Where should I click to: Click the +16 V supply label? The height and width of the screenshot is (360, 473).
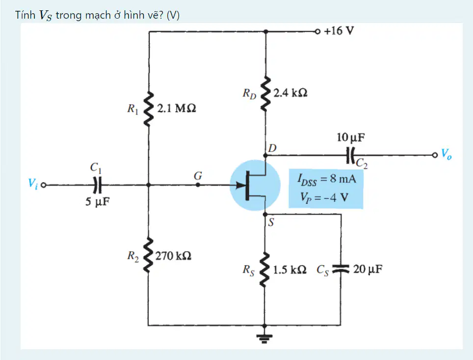point(339,31)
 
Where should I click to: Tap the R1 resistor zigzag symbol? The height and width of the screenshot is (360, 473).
point(148,108)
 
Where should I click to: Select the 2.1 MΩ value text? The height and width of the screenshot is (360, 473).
point(177,108)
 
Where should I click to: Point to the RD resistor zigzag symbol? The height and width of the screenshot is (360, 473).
point(265,93)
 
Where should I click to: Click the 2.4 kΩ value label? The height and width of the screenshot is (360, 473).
point(290,92)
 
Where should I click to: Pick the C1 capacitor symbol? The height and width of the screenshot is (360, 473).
point(97,185)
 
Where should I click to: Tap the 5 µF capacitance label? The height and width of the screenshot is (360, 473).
point(97,201)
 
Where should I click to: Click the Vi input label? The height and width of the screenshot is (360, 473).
point(32,183)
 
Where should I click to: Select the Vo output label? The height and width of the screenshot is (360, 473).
point(447,154)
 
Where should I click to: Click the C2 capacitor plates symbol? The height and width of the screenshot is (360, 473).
point(350,155)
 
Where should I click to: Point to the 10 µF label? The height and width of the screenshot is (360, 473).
point(350,138)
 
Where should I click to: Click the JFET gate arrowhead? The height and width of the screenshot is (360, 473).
point(241,185)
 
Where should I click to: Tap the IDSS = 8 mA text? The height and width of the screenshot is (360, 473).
point(326,179)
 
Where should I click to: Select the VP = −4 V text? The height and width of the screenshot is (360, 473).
point(324,197)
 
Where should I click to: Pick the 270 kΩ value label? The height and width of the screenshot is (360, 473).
point(173,256)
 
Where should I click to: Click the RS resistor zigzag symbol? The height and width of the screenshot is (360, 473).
point(265,270)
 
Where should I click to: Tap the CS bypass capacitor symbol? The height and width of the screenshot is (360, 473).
point(341,269)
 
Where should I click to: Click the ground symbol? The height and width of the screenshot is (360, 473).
point(264,338)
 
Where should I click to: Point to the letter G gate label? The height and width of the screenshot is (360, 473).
point(198,175)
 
